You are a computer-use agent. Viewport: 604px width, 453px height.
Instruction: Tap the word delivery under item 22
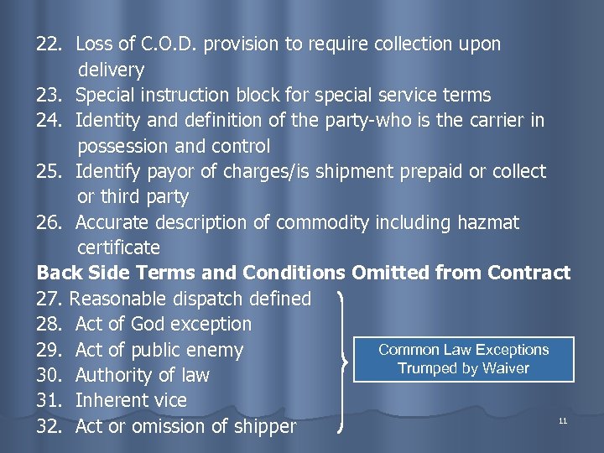tap(111, 70)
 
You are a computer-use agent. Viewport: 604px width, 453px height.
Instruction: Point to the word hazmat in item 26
tap(488, 222)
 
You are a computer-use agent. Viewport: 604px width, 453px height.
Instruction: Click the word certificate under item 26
tap(118, 247)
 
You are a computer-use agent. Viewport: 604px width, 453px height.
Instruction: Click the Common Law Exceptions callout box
tap(463, 359)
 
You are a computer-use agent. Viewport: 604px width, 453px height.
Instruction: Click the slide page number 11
tap(563, 419)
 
